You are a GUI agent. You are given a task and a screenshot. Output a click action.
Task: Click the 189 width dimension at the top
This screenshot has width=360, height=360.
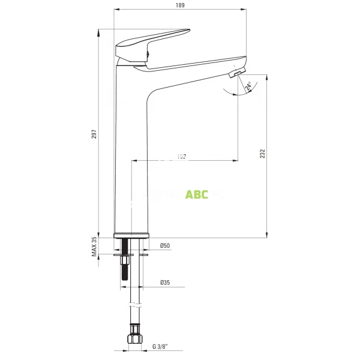[x=180, y=5]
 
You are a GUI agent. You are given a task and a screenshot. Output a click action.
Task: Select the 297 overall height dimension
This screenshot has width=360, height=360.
[x=94, y=135]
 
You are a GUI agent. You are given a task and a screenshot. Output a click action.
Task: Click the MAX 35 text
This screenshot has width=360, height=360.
[x=94, y=247]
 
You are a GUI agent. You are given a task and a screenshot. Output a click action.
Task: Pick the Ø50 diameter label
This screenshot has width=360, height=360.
[x=165, y=247]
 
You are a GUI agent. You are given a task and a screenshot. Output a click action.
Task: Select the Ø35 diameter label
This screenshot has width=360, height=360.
[x=165, y=283]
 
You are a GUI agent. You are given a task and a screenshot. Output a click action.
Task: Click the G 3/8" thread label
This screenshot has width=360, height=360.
[x=160, y=347]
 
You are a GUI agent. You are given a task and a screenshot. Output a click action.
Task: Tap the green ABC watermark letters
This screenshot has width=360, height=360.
[x=197, y=194]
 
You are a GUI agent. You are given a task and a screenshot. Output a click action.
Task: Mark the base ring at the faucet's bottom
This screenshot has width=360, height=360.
[x=131, y=234]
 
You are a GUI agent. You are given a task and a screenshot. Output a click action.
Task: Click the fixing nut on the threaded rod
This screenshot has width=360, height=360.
[x=125, y=259]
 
